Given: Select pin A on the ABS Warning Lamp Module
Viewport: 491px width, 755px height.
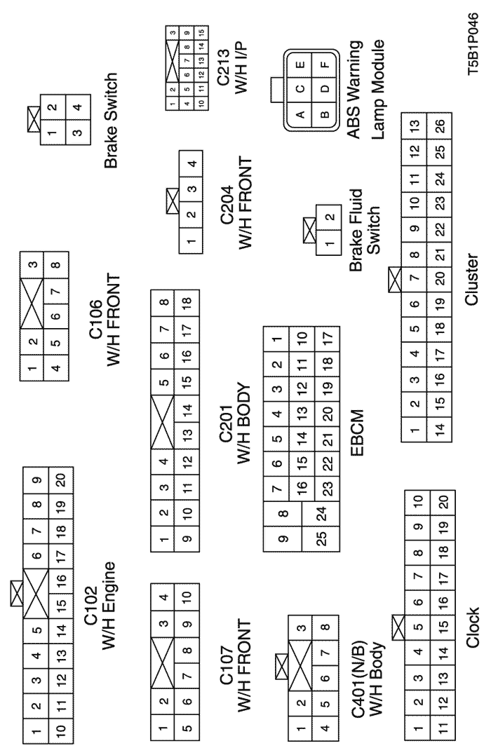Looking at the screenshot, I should pyautogui.click(x=300, y=91).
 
